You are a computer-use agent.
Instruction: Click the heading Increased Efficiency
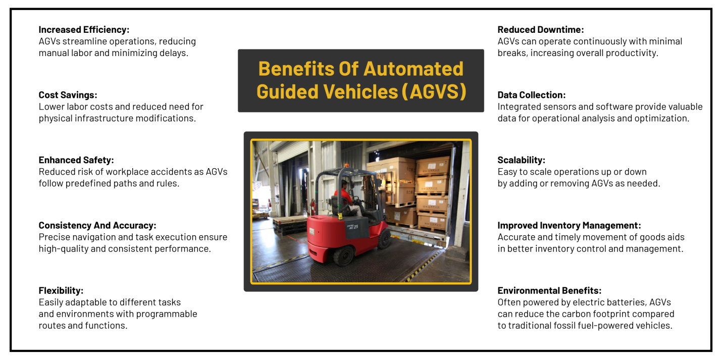tap(84, 30)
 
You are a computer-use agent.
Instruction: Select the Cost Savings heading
tap(68, 95)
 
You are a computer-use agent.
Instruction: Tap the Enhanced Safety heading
tap(76, 160)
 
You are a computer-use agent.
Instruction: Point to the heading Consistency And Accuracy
tap(97, 225)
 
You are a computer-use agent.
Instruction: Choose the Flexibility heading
tap(61, 290)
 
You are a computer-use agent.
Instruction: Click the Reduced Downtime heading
tap(541, 30)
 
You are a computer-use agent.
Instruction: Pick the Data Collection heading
tap(532, 95)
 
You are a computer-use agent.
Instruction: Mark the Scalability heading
tap(522, 160)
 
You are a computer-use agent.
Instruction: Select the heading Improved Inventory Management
tap(569, 225)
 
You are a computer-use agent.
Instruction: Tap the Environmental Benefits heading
tap(549, 290)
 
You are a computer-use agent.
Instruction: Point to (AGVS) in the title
tap(434, 92)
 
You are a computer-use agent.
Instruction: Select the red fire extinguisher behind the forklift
tap(313, 207)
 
